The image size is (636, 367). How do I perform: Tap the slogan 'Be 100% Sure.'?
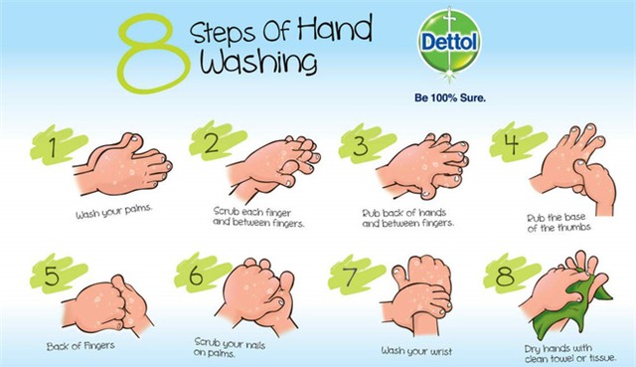click(x=450, y=97)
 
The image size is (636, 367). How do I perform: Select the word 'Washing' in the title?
click(x=258, y=62)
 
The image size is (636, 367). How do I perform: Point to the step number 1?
click(x=53, y=147)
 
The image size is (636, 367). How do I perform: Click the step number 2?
click(x=211, y=143)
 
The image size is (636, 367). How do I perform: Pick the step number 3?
click(x=360, y=145)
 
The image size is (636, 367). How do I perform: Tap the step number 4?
click(x=511, y=143)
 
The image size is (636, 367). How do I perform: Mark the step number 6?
click(x=196, y=275)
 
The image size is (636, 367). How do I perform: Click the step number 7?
click(x=350, y=275)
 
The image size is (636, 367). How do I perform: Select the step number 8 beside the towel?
click(x=505, y=275)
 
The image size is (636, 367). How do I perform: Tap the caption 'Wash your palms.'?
click(x=114, y=212)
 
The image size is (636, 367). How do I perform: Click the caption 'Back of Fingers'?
click(x=80, y=346)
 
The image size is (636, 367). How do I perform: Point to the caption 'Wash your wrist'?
click(x=416, y=351)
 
